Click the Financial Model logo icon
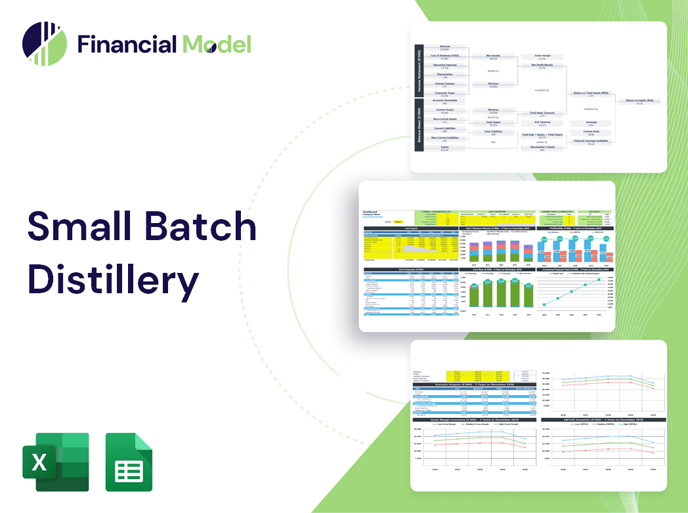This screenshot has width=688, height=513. pyautogui.click(x=45, y=44)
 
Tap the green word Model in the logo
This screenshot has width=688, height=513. pyautogui.click(x=217, y=44)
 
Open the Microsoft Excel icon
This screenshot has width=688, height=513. pyautogui.click(x=55, y=462)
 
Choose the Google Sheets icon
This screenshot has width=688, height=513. pyautogui.click(x=129, y=462)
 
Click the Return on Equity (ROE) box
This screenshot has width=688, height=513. pyautogui.click(x=639, y=101)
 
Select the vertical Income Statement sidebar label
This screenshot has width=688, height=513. pyautogui.click(x=418, y=70)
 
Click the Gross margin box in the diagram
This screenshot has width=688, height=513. pyautogui.click(x=542, y=56)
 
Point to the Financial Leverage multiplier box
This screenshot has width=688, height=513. pyautogui.click(x=590, y=141)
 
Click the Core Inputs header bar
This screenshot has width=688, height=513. pyautogui.click(x=411, y=228)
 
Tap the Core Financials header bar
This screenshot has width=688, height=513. pyautogui.click(x=411, y=269)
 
